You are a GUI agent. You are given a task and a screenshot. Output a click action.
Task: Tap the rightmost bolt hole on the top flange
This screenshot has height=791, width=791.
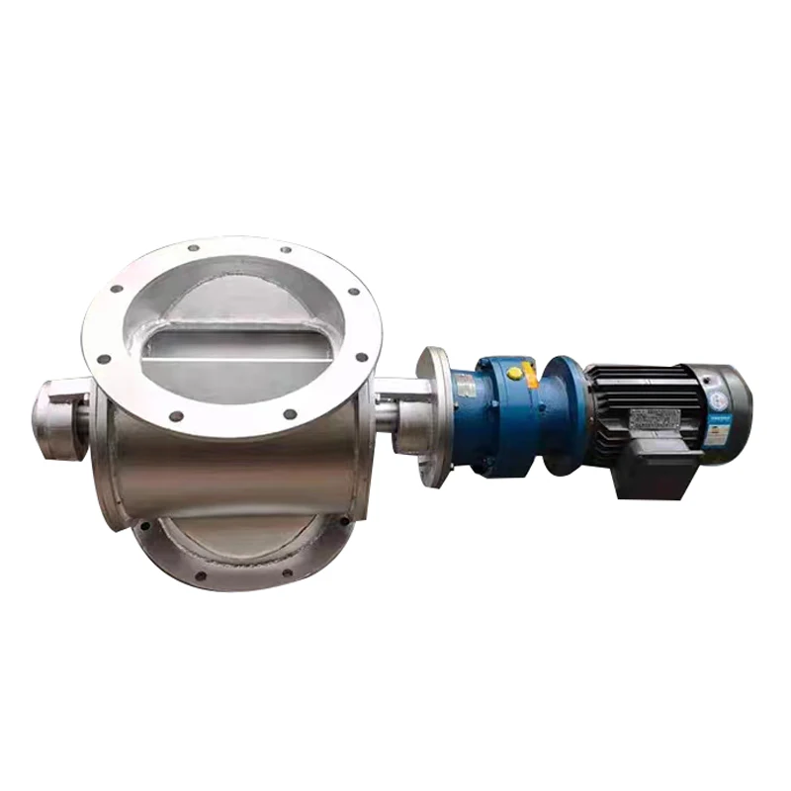363,357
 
